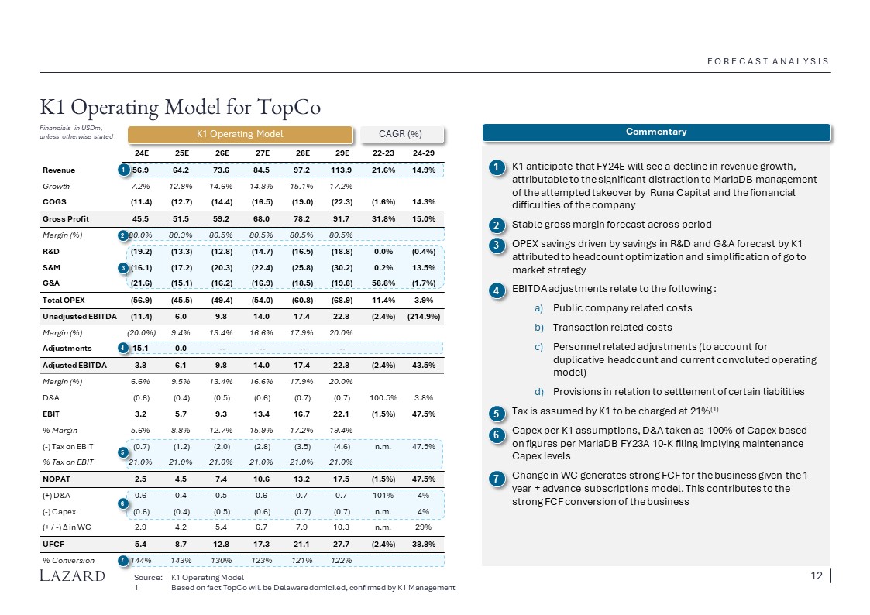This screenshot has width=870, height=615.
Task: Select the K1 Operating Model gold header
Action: (x=239, y=134)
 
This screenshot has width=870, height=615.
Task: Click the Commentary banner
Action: (x=655, y=132)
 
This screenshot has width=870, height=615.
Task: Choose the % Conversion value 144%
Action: (x=140, y=561)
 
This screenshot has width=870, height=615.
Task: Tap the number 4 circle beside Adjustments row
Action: (x=122, y=349)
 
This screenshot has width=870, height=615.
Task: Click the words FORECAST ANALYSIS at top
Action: (x=769, y=61)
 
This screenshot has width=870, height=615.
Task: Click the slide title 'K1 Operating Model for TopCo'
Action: (x=180, y=105)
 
